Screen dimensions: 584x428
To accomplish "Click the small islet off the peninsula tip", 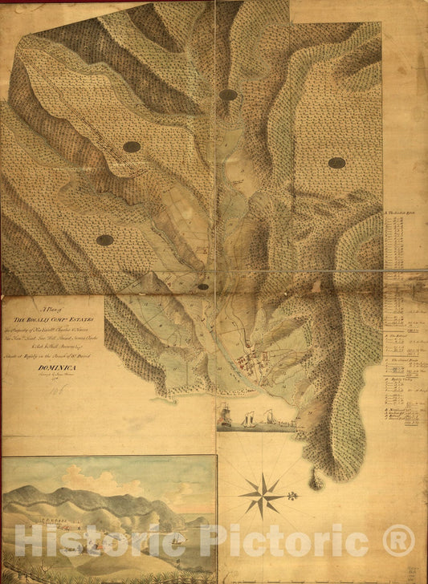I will [x=316, y=482].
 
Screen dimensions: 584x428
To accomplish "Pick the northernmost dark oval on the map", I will [x=228, y=95].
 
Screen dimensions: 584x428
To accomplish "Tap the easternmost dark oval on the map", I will [x=336, y=163].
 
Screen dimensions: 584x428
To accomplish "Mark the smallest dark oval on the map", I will [x=203, y=286].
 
